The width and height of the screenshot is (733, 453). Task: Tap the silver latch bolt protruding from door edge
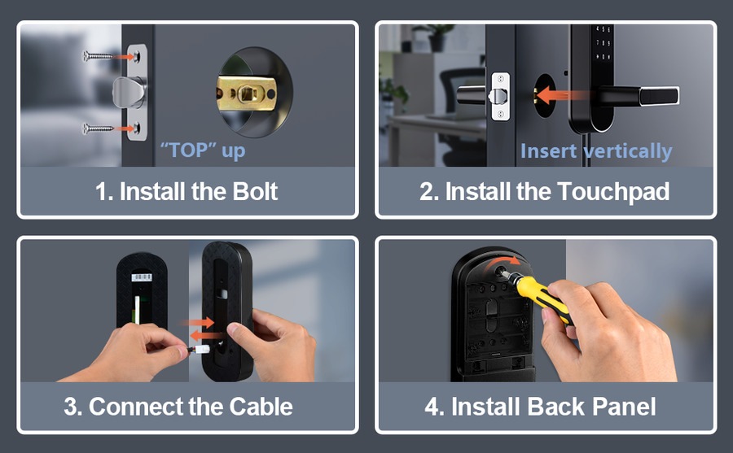click(129, 92)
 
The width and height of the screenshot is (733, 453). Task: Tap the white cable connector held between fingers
click(200, 350)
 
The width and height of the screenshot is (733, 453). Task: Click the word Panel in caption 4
click(624, 406)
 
